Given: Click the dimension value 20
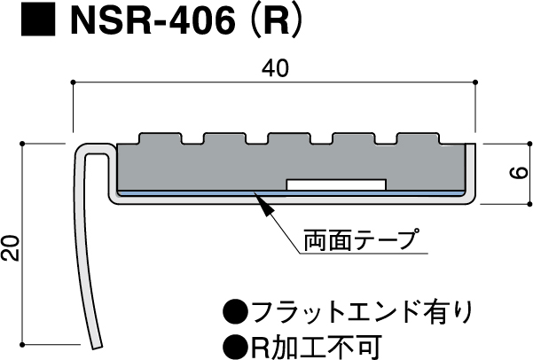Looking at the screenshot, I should [x=10, y=247].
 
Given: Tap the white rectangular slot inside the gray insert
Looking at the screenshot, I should [x=336, y=184].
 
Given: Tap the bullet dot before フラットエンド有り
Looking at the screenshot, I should [x=234, y=311].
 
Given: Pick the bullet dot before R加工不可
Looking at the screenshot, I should [x=234, y=344].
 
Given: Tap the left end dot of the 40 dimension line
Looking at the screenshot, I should [x=73, y=83].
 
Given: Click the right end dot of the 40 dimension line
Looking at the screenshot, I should [x=477, y=83].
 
